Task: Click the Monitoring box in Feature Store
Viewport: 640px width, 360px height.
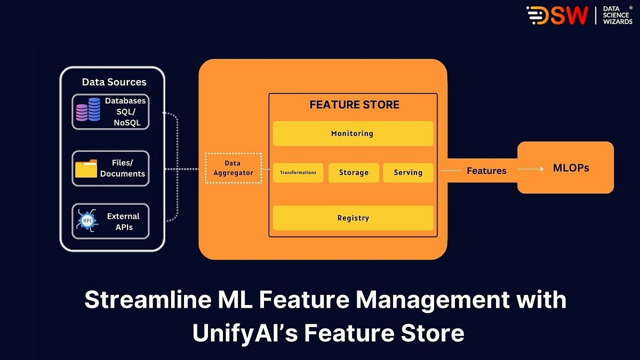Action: click(353, 133)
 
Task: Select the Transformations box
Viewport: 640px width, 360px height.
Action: click(298, 173)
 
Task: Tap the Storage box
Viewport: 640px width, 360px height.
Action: click(354, 173)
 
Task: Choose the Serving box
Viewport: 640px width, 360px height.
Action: click(408, 173)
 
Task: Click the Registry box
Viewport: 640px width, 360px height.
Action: click(353, 218)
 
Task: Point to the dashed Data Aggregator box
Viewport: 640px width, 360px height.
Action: click(233, 168)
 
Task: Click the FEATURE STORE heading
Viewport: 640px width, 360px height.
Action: click(354, 105)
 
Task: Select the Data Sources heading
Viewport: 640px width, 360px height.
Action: click(114, 82)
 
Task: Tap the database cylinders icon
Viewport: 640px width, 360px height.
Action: click(88, 110)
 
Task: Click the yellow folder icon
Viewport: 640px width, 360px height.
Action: click(86, 169)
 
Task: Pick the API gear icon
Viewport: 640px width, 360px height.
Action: click(86, 220)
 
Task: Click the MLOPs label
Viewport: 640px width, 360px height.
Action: click(571, 168)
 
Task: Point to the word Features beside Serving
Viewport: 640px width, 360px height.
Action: click(486, 171)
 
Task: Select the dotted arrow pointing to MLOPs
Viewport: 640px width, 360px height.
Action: click(530, 169)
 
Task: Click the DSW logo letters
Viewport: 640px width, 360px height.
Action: click(558, 15)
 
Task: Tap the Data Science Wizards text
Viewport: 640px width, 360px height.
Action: click(617, 15)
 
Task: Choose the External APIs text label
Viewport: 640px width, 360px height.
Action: click(123, 221)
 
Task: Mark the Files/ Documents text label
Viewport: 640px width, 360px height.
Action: click(122, 169)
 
